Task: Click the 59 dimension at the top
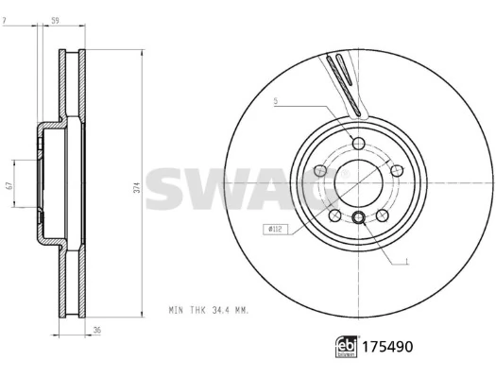(56, 18)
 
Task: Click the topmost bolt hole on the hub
(359, 142)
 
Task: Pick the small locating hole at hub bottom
(359, 219)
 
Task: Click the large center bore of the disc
(359, 181)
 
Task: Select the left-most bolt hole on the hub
(320, 170)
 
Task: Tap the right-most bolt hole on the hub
(398, 170)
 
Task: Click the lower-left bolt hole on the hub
(335, 215)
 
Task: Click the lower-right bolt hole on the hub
(383, 215)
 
